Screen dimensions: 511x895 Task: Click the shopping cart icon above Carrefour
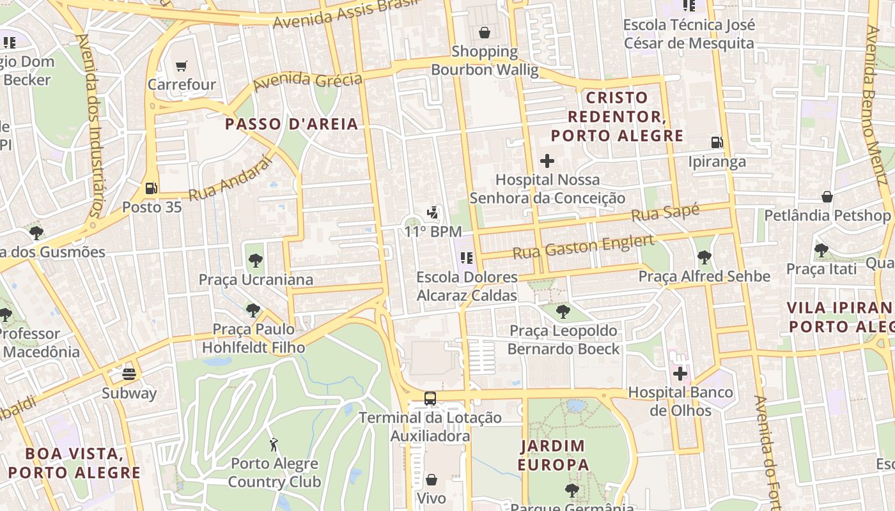pyautogui.click(x=182, y=66)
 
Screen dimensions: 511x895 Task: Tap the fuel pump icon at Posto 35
pyautogui.click(x=152, y=188)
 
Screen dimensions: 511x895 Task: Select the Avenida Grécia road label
pyautogui.click(x=307, y=82)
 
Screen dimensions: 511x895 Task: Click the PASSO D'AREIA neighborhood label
pyautogui.click(x=292, y=124)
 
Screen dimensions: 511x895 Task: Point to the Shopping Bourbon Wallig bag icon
pyautogui.click(x=485, y=33)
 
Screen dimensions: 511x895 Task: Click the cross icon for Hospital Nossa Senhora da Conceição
pyautogui.click(x=547, y=161)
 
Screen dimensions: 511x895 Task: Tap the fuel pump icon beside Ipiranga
pyautogui.click(x=717, y=142)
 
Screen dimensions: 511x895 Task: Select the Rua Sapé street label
pyautogui.click(x=665, y=213)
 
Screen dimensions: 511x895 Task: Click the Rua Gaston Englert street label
pyautogui.click(x=584, y=247)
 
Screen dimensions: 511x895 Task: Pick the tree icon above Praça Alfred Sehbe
pyautogui.click(x=704, y=257)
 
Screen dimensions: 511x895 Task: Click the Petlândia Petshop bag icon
pyautogui.click(x=827, y=197)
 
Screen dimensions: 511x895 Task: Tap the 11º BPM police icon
pyautogui.click(x=433, y=213)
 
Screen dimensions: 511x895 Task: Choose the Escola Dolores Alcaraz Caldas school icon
pyautogui.click(x=467, y=258)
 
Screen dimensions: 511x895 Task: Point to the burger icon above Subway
pyautogui.click(x=130, y=374)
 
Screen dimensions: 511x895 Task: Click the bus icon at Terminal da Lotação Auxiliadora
pyautogui.click(x=430, y=399)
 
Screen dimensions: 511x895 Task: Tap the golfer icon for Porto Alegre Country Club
pyautogui.click(x=274, y=444)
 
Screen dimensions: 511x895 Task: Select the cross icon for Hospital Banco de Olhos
pyautogui.click(x=680, y=374)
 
